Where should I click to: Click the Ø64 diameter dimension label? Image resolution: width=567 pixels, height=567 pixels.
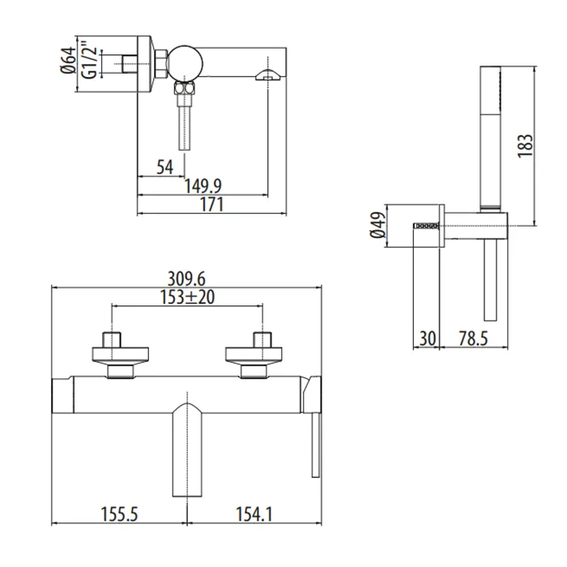pos(69,60)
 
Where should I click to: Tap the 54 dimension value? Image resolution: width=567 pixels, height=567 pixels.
pos(165,167)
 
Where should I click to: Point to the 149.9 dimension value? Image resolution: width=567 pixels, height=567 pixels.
pos(202,186)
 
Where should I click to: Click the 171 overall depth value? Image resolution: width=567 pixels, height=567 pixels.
pos(211,205)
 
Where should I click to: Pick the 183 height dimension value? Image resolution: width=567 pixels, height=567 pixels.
pos(526,145)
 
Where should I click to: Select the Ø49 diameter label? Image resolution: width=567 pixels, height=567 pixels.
pos(378,225)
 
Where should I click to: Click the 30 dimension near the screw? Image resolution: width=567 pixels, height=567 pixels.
pos(427,339)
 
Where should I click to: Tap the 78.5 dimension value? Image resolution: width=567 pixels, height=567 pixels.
pos(473,339)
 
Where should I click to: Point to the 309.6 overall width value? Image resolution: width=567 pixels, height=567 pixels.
pos(186,279)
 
